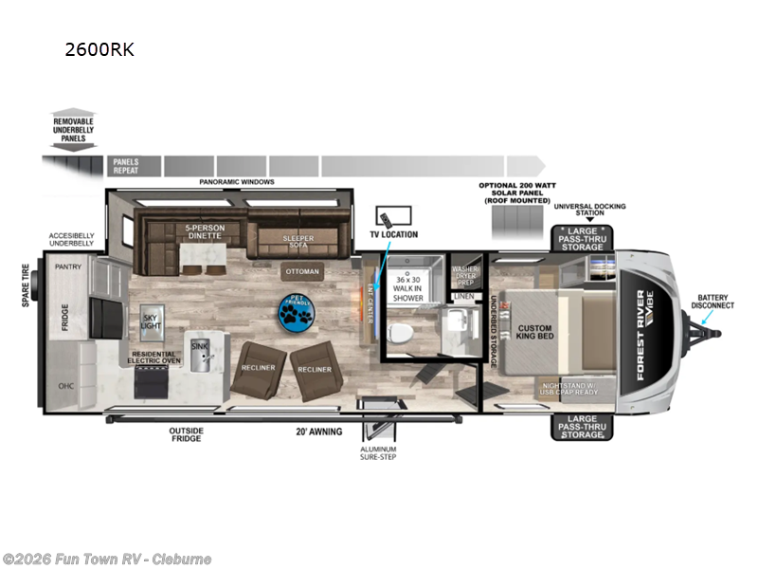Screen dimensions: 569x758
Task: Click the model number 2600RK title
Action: pos(99,49)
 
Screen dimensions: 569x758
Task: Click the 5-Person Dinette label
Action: pos(205,231)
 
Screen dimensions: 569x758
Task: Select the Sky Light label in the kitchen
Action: pos(151,321)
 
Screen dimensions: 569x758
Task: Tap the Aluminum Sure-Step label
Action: pos(379,452)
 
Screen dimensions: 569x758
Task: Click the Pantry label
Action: pos(68,266)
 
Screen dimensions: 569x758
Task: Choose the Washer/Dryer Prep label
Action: pos(465,275)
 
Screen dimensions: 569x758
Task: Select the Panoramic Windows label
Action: pos(237,181)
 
